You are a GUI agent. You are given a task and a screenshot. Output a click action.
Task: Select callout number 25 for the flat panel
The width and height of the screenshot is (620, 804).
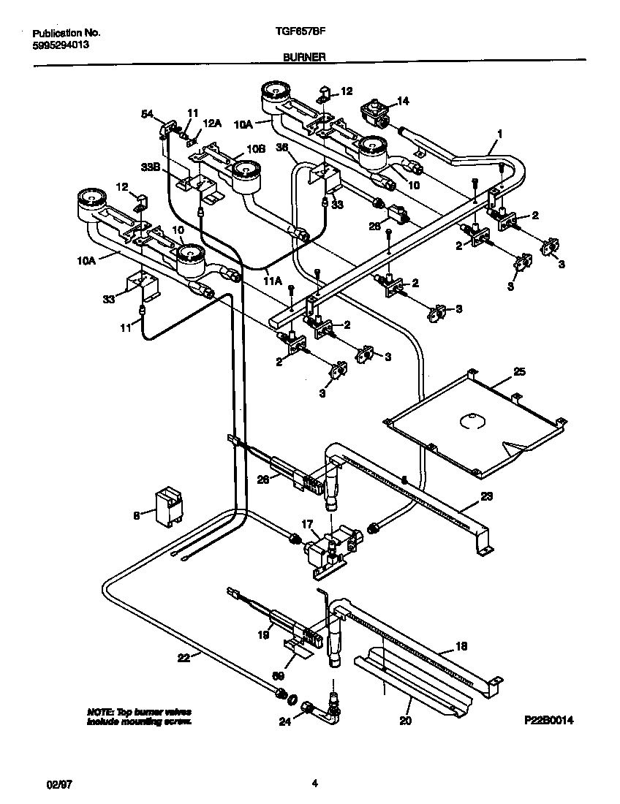[x=518, y=372]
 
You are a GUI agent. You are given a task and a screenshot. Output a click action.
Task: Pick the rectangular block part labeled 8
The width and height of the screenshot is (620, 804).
[x=167, y=506]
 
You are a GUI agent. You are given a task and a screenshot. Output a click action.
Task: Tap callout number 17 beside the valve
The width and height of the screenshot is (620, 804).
[x=306, y=523]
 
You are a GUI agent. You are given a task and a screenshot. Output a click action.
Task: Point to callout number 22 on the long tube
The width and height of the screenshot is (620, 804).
[x=184, y=658]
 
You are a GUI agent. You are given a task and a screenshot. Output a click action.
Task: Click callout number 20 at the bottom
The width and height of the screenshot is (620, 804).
[x=406, y=721]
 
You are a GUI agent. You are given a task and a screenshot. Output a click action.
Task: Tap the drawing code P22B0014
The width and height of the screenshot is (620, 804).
[x=548, y=720]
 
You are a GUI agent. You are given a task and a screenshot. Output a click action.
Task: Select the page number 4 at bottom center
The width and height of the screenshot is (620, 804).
[x=314, y=784]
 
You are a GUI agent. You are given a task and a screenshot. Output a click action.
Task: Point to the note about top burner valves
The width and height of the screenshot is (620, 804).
[x=139, y=716]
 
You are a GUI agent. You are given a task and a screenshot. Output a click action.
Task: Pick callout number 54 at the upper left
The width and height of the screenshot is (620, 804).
[x=147, y=114]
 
